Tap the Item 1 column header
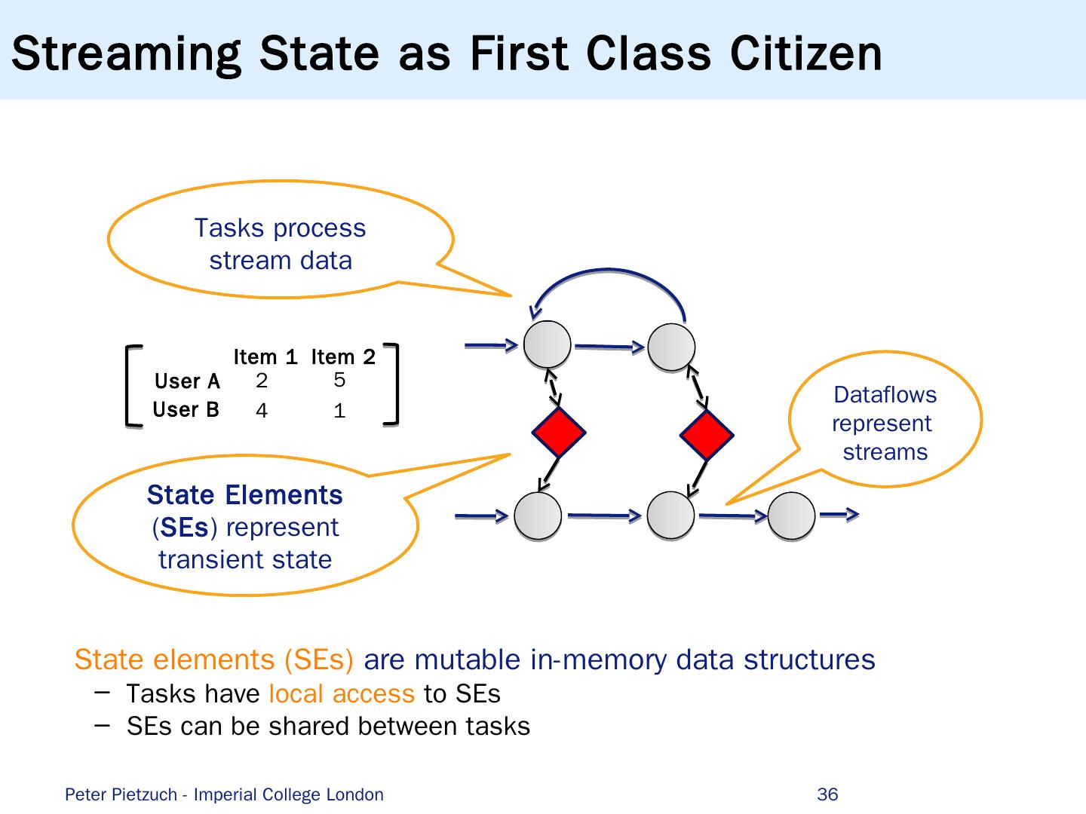point(265,357)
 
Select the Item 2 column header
point(343,357)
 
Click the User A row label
point(186,381)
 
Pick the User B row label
point(186,409)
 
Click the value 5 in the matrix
point(339,381)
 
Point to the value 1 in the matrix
point(339,412)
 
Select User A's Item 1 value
point(262,381)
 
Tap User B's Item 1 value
point(262,412)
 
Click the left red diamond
point(558,433)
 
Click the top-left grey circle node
point(548,344)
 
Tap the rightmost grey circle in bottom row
point(791,516)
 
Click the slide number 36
point(827,794)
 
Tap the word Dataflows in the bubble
point(885,395)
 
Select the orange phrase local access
point(341,693)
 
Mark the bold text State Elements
point(244,495)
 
